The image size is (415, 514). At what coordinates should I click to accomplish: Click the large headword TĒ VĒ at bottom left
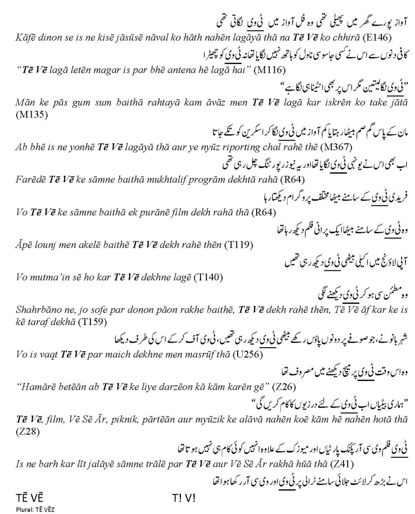click(x=28, y=498)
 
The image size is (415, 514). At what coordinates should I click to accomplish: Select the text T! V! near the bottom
click(x=183, y=498)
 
